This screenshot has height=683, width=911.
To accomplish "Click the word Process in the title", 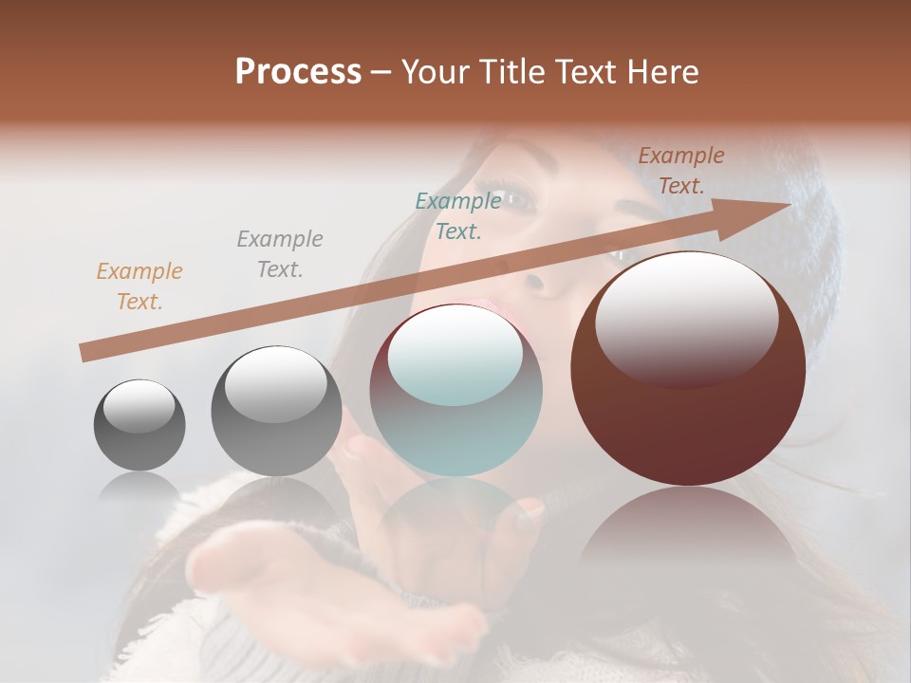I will (298, 72).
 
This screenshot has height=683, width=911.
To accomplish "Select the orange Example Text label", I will (139, 286).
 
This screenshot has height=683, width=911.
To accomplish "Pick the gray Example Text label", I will (280, 254).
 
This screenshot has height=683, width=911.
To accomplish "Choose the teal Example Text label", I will (458, 216).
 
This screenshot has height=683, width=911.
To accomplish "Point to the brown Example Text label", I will (681, 171).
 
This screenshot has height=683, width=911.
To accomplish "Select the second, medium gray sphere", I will (276, 417).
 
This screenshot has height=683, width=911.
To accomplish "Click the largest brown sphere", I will (688, 427).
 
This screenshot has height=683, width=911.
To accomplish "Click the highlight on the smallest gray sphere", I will (139, 406).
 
